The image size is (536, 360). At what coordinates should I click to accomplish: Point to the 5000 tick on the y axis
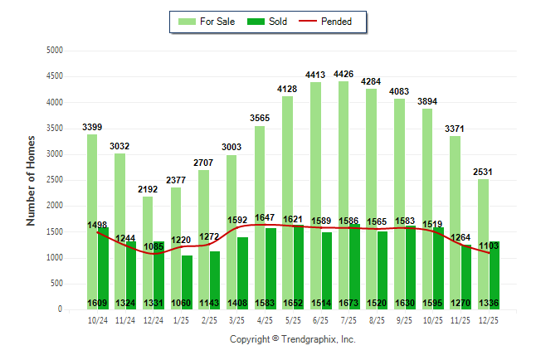56,51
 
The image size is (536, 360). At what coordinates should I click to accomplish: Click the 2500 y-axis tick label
56,180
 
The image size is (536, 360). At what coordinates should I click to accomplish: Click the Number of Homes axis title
32,180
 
